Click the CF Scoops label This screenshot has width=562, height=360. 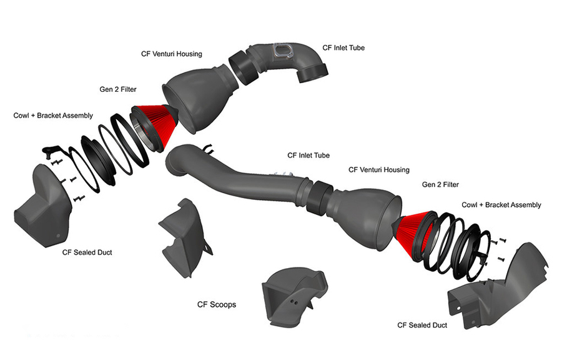[216, 305]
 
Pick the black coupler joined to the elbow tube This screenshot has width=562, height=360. [241, 66]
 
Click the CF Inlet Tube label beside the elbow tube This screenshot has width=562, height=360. [343, 47]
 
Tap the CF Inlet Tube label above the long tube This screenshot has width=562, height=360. [308, 155]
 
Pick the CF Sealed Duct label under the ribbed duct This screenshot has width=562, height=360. [422, 325]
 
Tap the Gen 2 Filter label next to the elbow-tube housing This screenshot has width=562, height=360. [118, 89]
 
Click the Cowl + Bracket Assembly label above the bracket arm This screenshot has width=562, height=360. [53, 116]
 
